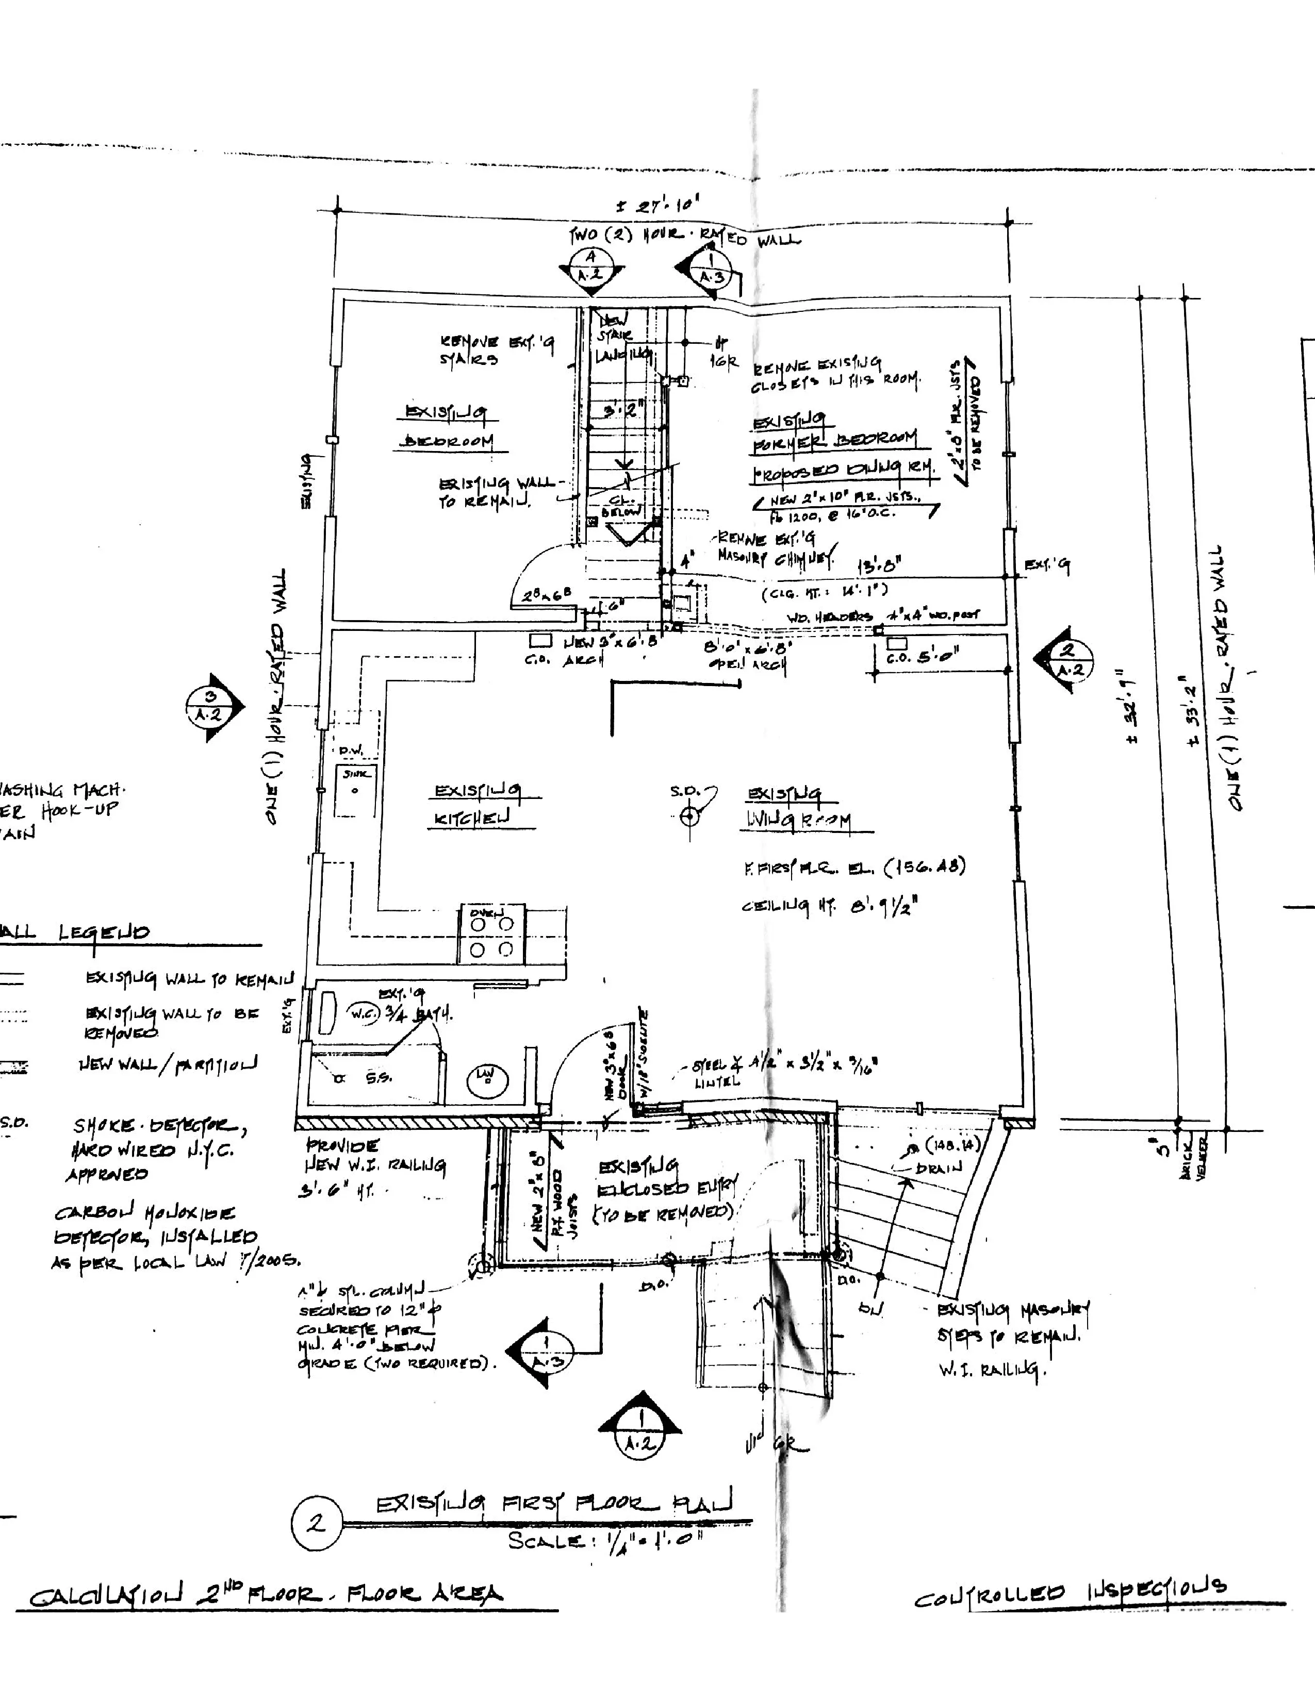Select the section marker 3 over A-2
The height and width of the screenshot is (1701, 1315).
[210, 706]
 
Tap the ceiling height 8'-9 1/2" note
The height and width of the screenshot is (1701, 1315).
[830, 906]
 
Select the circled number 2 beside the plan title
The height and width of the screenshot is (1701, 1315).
[316, 1523]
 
